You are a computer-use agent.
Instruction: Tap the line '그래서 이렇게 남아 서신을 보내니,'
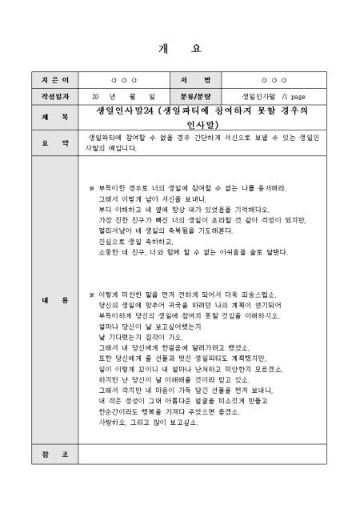(x=152, y=197)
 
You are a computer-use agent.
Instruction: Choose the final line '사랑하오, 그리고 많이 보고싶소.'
(x=148, y=421)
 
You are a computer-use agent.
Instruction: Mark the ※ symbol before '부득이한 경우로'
(x=91, y=186)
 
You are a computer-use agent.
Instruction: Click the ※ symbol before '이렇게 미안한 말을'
(x=91, y=294)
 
